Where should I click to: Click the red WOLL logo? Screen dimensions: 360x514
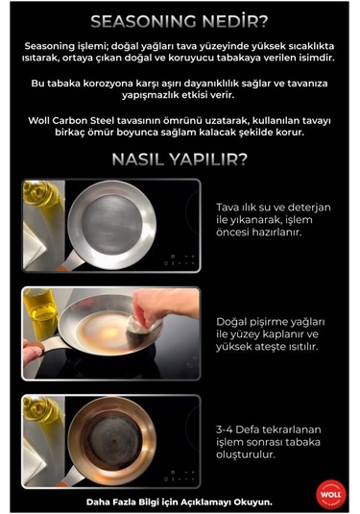point(331,495)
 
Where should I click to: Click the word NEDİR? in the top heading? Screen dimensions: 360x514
point(235,22)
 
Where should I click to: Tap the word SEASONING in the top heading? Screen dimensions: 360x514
point(144,22)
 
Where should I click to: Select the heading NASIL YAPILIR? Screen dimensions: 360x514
point(180,159)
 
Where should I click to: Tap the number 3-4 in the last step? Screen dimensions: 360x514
point(225,429)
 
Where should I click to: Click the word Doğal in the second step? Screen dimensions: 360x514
point(231,322)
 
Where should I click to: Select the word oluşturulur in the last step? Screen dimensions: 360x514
point(245,454)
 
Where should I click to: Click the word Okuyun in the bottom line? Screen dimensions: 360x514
point(254,502)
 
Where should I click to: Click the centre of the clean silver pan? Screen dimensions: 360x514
point(112,225)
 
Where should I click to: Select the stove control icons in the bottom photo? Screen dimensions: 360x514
point(180,476)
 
